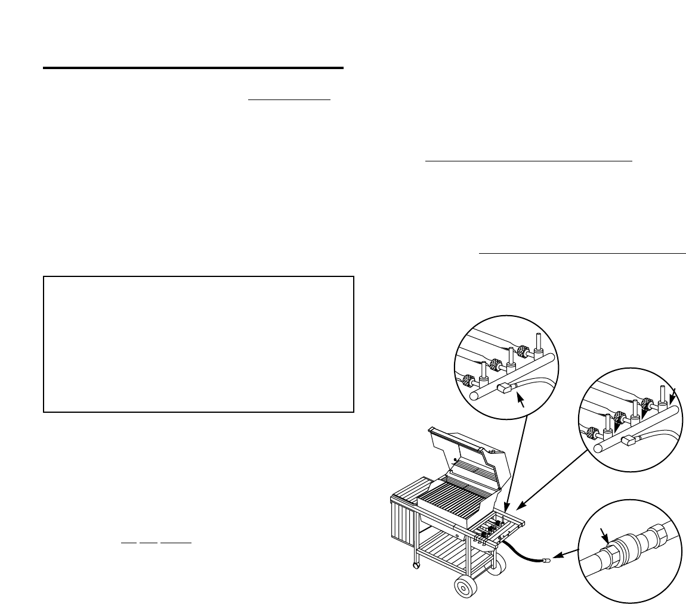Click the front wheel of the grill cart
466,588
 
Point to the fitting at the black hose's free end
545,561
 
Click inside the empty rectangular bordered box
199,344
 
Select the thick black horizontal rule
193,68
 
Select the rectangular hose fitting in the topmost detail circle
505,388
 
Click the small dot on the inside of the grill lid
455,459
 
